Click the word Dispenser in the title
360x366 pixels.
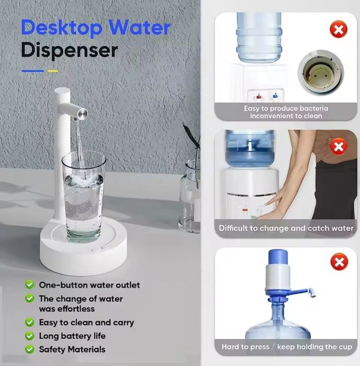tap(69, 51)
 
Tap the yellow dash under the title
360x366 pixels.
tap(52, 71)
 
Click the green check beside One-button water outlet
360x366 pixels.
tap(30, 285)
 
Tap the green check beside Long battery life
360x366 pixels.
tap(30, 336)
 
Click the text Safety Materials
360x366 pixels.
tap(72, 349)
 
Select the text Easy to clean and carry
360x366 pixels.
tap(86, 323)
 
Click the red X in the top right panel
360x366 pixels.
tap(339, 30)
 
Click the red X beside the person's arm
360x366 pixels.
tap(339, 146)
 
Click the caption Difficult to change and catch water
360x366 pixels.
tap(286, 228)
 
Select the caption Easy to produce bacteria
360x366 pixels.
tap(286, 109)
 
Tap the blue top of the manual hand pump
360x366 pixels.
tap(282, 260)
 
